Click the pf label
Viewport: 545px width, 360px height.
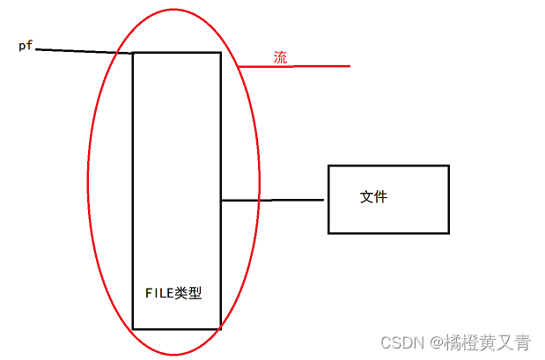(26, 46)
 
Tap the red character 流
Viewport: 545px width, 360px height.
(280, 58)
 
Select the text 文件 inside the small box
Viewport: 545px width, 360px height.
(373, 197)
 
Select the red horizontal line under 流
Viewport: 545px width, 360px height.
(295, 66)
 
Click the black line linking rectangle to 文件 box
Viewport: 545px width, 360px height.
(273, 201)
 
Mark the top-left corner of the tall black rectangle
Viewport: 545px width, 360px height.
(133, 53)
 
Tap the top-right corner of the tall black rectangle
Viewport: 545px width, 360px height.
(220, 53)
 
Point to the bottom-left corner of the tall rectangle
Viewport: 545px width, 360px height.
(133, 329)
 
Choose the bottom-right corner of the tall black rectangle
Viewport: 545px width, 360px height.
(220, 329)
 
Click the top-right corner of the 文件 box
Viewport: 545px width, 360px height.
(448, 165)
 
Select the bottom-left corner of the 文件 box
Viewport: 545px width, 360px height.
(328, 233)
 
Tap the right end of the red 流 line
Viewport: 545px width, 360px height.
(350, 66)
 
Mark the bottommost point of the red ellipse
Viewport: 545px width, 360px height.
(174, 356)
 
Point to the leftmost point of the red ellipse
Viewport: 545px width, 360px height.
(87, 183)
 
